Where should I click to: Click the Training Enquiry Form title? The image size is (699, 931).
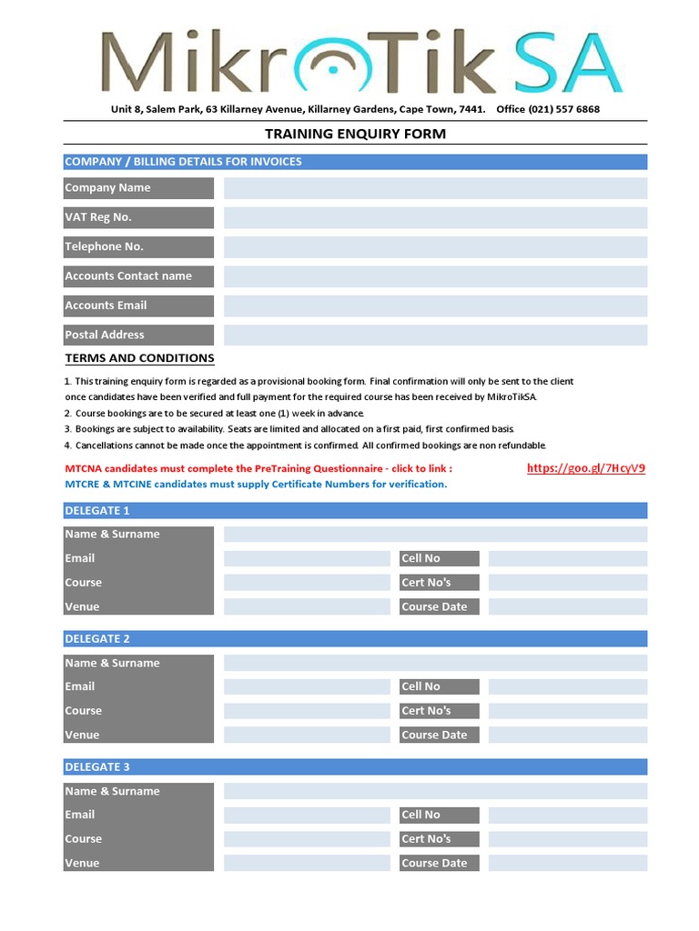355,134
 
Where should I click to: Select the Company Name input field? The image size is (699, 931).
435,188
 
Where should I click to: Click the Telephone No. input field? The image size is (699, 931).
435,247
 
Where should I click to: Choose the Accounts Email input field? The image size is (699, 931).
435,306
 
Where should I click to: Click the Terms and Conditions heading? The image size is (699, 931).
139,358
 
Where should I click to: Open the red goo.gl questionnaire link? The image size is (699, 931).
586,468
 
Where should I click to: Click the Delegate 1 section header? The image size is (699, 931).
355,511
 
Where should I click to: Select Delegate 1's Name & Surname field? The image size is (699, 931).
435,535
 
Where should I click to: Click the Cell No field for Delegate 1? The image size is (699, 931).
567,558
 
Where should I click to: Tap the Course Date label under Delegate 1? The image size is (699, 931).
439,607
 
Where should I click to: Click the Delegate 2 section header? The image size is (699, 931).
355,639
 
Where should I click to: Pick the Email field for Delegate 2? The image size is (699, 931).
307,686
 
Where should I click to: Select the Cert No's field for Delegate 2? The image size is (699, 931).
567,711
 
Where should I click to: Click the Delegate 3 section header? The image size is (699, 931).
355,767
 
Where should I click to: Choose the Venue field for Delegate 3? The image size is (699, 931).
307,863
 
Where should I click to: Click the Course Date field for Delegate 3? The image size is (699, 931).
567,863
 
